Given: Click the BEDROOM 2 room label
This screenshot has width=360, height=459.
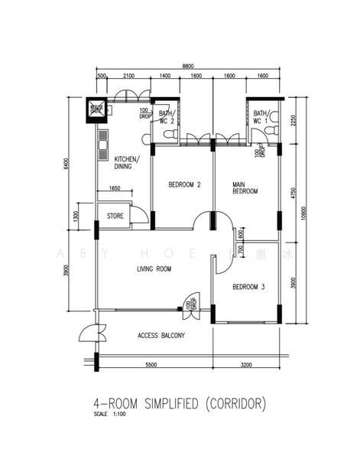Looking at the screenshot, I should [184, 184].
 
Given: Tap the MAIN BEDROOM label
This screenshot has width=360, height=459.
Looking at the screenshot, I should [245, 187].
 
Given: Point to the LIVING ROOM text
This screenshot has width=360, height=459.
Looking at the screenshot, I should [153, 269].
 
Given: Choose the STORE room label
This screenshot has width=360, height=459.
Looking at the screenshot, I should [115, 216].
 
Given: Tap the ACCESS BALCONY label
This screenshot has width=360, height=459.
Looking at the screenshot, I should [164, 335].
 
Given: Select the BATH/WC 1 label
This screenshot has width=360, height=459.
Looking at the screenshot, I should [261, 117].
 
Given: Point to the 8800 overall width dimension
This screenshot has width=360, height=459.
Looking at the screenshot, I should [187, 67].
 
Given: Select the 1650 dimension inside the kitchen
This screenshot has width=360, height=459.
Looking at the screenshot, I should [115, 188].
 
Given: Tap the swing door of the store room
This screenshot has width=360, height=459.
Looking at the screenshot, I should [138, 214].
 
